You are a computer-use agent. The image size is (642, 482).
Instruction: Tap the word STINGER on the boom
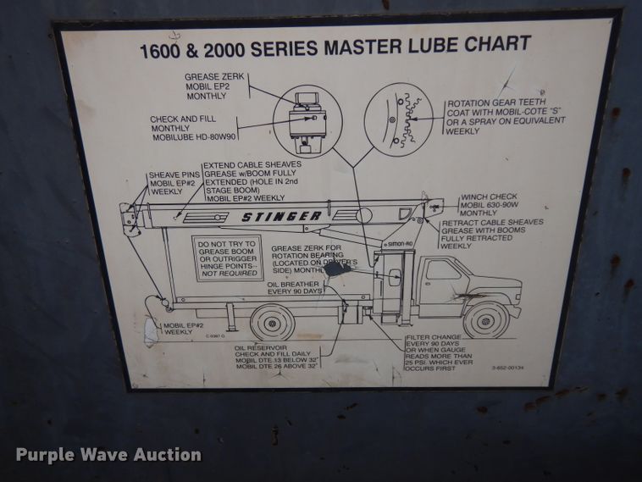[281, 217]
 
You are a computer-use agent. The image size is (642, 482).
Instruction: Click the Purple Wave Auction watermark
[108, 455]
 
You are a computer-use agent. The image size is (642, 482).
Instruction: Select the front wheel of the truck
[485, 319]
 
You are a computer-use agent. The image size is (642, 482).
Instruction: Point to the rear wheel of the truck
[273, 322]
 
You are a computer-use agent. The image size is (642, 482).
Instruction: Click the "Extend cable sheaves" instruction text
[246, 182]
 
